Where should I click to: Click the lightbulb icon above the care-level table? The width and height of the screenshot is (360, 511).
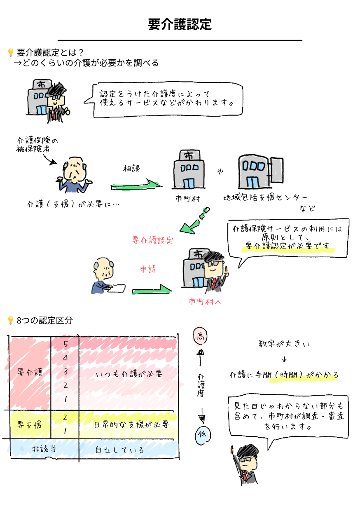pos(10,320)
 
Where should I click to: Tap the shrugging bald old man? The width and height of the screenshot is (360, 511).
pos(75,175)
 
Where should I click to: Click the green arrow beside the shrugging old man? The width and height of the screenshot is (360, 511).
pos(135,186)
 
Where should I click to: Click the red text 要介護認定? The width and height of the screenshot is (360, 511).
pos(153,240)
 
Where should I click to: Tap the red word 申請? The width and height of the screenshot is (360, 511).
pos(148,270)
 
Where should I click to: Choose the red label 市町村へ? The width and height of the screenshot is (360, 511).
pos(205,302)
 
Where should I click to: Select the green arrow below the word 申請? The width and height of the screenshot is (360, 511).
pos(151,291)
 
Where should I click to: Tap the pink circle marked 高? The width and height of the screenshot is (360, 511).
pos(200,336)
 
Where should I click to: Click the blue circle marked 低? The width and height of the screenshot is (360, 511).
pos(202,436)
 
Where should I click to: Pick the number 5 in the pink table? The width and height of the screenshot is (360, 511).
pos(65,344)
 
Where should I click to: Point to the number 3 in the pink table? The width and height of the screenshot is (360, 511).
pos(65,371)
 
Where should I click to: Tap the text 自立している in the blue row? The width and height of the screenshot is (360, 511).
pos(119,450)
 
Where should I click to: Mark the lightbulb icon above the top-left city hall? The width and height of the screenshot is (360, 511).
pos(10,52)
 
